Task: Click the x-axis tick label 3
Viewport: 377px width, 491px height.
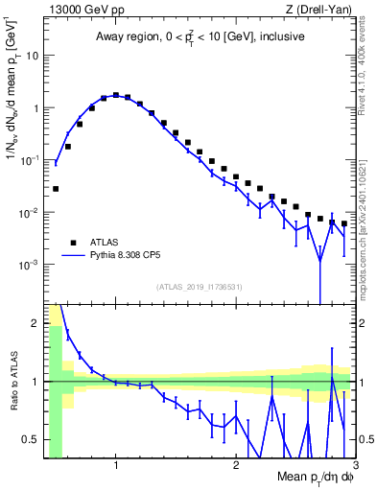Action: tap(354, 465)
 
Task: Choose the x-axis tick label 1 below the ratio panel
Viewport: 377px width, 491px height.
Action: tap(116, 465)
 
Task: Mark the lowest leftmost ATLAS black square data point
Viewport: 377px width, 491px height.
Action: tap(56, 189)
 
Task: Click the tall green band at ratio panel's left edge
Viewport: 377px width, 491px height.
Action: tap(56, 384)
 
